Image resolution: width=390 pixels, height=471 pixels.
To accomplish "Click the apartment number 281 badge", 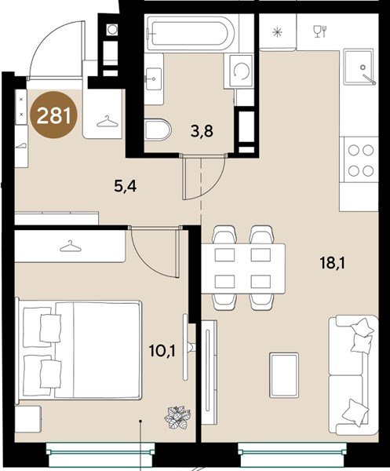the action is (x=54, y=115).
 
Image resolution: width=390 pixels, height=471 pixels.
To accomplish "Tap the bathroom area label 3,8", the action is (x=202, y=131).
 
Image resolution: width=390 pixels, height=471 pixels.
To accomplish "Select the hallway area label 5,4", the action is (x=126, y=187).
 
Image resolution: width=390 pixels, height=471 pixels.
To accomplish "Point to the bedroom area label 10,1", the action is (x=162, y=351).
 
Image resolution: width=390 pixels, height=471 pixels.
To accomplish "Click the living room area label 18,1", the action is (x=333, y=264).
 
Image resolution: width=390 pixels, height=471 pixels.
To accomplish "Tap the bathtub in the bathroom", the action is (x=188, y=34).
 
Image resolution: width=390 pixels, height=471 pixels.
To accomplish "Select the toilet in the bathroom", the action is (x=157, y=130).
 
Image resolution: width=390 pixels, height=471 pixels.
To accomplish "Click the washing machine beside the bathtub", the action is (x=240, y=71).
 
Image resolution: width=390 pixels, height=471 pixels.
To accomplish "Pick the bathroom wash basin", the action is (x=154, y=79).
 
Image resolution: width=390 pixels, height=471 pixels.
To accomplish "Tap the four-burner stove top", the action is (x=361, y=160).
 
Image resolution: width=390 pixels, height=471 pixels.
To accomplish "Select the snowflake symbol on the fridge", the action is (x=278, y=32).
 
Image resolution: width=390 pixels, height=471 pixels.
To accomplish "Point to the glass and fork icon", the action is (x=320, y=31).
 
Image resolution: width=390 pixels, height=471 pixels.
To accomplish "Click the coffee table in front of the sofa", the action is (x=284, y=375).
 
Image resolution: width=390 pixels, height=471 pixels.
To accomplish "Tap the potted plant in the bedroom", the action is (x=177, y=417).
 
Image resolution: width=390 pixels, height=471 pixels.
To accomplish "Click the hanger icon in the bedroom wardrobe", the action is (x=71, y=246).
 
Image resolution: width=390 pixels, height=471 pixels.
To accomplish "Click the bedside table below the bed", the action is (x=27, y=419).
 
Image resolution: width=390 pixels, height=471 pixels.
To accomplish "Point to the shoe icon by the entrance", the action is (x=21, y=146).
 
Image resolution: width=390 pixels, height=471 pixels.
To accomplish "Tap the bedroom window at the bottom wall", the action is (x=101, y=451).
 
